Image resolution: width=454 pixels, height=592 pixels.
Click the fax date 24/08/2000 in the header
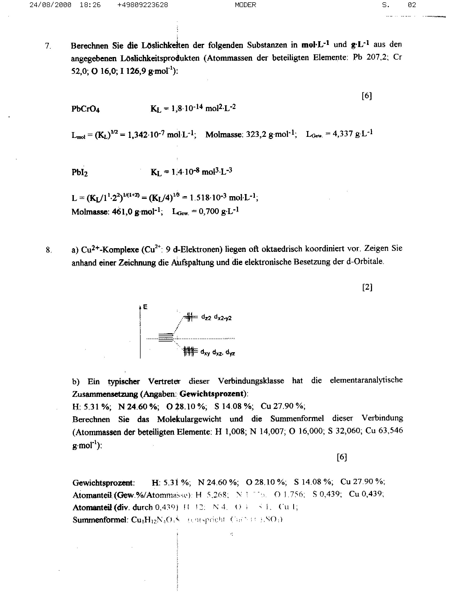pyautogui.click(x=50, y=5)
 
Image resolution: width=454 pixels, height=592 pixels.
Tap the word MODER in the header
pyautogui.click(x=245, y=5)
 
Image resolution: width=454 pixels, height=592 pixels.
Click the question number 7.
pyautogui.click(x=48, y=46)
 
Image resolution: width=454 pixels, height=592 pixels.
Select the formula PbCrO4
pyautogui.click(x=85, y=109)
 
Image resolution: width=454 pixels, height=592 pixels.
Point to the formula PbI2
pyautogui.click(x=79, y=172)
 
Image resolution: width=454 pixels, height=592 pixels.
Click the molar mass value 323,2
pyautogui.click(x=256, y=134)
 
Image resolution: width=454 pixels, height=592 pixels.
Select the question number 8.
pyautogui.click(x=48, y=250)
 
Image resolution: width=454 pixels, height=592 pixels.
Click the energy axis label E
pyautogui.click(x=145, y=307)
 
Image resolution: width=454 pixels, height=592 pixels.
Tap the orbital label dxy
pyautogui.click(x=205, y=352)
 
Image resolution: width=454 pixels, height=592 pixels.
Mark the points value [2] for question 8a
pyautogui.click(x=367, y=287)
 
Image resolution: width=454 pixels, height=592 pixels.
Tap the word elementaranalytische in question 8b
pyautogui.click(x=366, y=380)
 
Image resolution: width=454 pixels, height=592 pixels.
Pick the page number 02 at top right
pyautogui.click(x=412, y=5)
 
